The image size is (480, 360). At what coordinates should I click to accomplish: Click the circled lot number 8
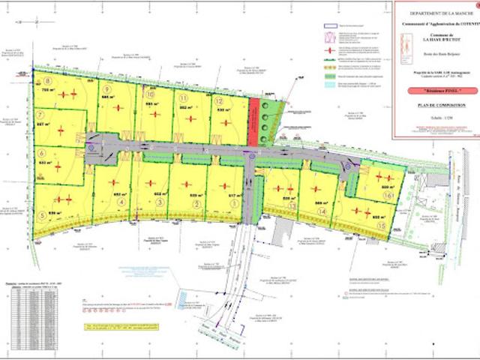pyautogui.click(x=46, y=80)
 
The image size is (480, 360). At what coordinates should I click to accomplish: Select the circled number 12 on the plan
pyautogui.click(x=219, y=100)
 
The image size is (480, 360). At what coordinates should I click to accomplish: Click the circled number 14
pyautogui.click(x=322, y=211)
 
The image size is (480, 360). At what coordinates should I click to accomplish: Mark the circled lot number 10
pyautogui.click(x=150, y=95)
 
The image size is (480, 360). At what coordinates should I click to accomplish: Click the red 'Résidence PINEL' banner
pyautogui.click(x=433, y=90)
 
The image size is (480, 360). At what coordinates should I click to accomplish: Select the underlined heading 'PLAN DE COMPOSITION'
pyautogui.click(x=433, y=106)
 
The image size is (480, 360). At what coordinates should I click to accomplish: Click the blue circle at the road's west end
pyautogui.click(x=90, y=148)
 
